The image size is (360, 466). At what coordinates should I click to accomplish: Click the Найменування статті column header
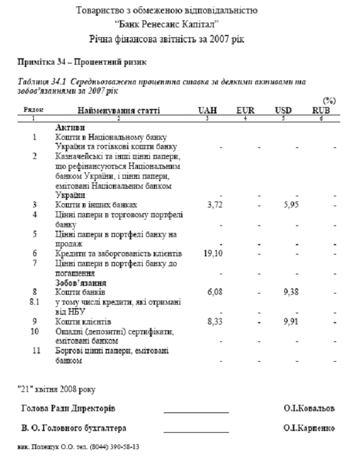point(119,110)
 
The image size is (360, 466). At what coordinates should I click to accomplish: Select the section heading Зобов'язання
point(77,282)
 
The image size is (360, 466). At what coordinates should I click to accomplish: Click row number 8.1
point(35,302)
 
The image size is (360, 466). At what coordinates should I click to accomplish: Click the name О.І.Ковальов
point(309,408)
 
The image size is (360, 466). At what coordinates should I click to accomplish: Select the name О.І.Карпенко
point(309,428)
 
